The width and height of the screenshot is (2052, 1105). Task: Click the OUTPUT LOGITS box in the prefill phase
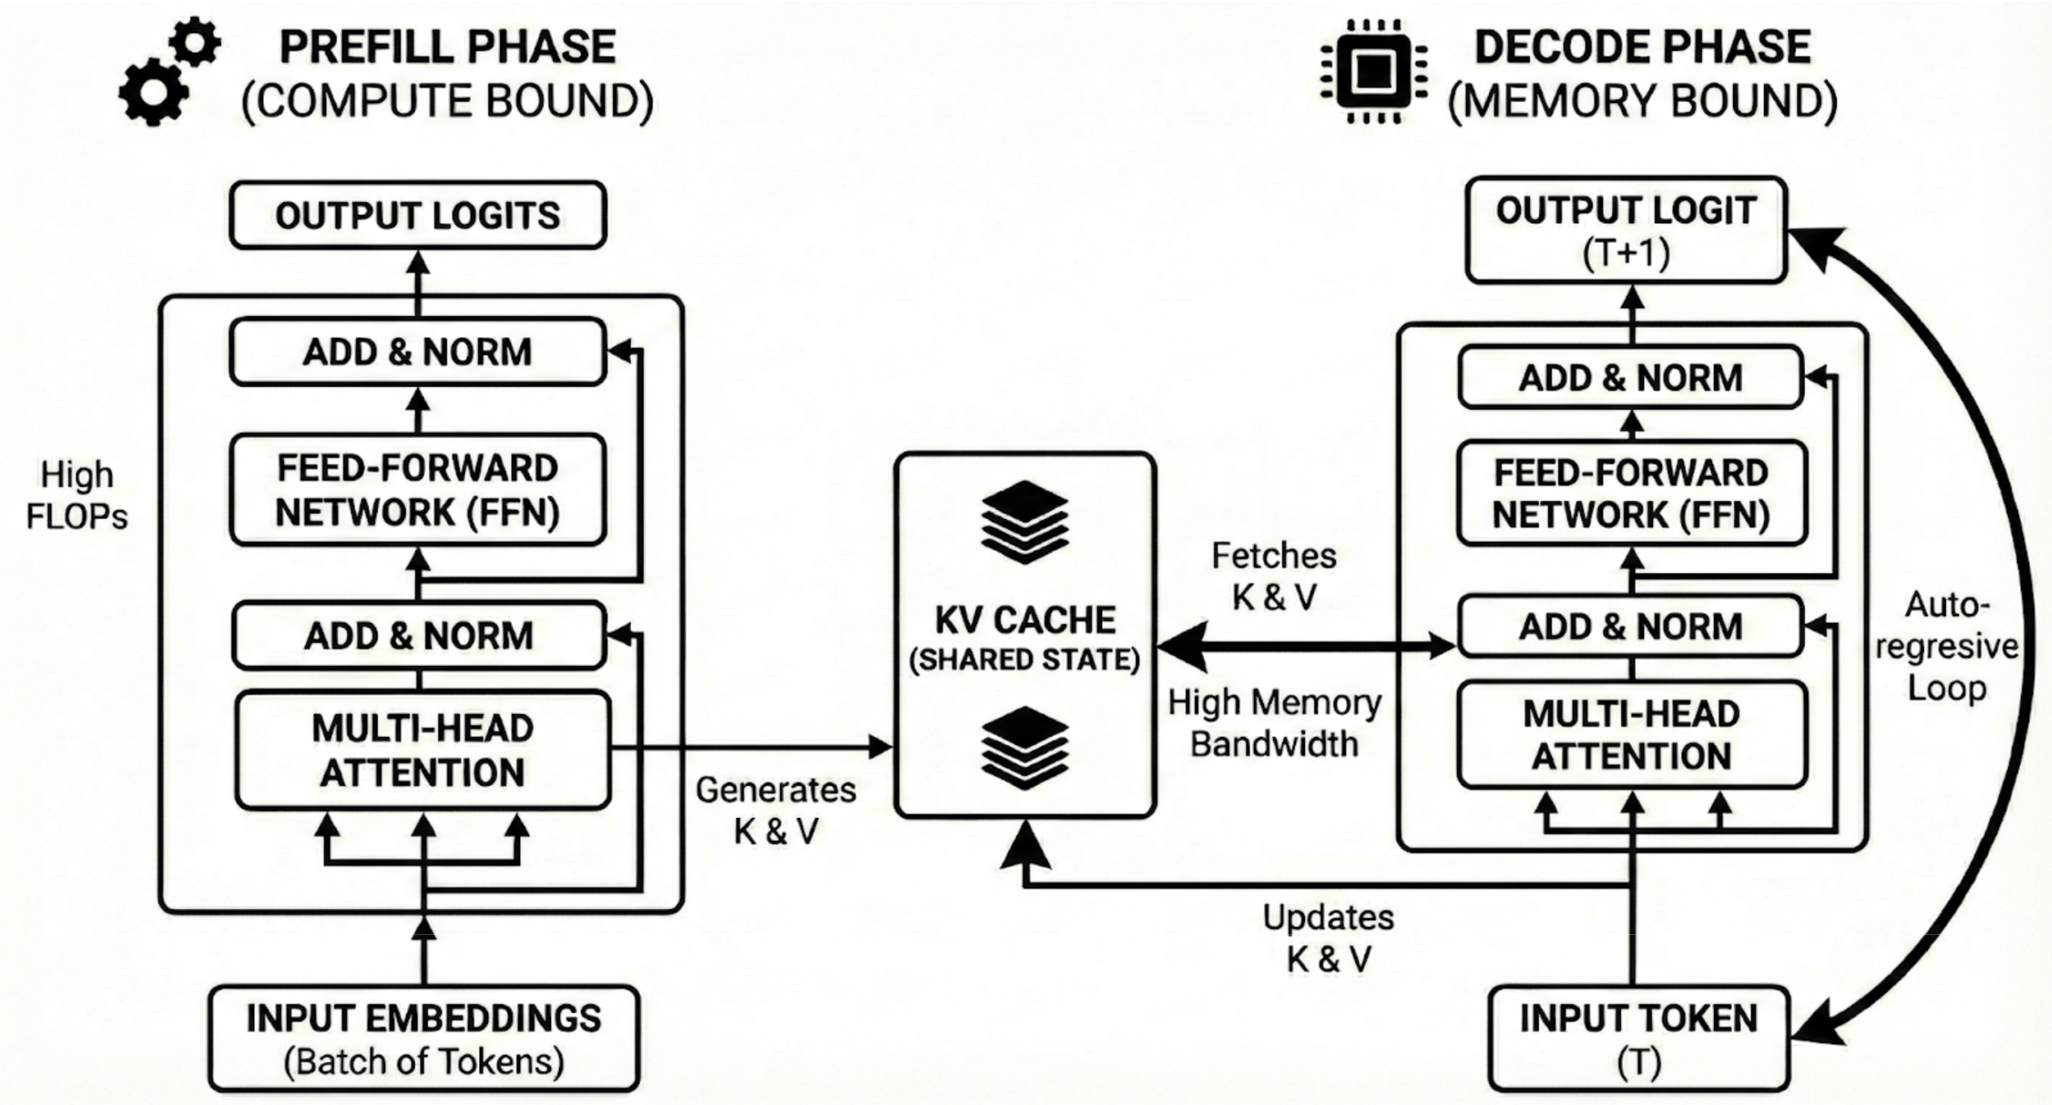(x=418, y=216)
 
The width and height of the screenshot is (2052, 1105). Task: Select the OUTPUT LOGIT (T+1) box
(x=1626, y=230)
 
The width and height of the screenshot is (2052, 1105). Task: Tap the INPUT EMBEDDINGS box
(x=423, y=1038)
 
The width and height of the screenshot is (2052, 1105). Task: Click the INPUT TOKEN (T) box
(x=1638, y=1038)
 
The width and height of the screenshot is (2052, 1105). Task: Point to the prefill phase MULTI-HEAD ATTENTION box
(x=423, y=750)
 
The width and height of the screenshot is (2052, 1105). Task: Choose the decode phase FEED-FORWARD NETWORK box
(x=1631, y=494)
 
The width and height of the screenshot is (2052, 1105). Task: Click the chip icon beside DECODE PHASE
(x=1373, y=72)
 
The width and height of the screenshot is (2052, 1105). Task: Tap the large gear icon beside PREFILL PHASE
(x=153, y=92)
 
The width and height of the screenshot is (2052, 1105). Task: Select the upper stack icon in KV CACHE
(x=1024, y=521)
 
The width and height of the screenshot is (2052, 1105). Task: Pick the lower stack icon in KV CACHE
(x=1024, y=748)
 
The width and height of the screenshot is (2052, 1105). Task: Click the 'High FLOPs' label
(x=77, y=495)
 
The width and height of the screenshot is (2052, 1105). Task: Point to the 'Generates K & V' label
(x=776, y=810)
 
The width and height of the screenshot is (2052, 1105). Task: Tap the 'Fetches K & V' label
(x=1274, y=576)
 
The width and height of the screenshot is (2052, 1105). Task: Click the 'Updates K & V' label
(x=1328, y=937)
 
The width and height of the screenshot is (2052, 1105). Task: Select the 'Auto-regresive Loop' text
(x=1947, y=646)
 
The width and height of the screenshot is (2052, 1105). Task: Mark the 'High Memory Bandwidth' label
(x=1274, y=722)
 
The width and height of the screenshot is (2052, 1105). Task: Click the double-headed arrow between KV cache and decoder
(x=1306, y=646)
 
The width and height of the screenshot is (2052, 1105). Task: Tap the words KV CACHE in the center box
(x=1024, y=620)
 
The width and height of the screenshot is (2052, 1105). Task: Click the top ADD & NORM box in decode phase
(x=1631, y=378)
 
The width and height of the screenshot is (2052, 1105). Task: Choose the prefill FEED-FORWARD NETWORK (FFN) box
(x=418, y=490)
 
